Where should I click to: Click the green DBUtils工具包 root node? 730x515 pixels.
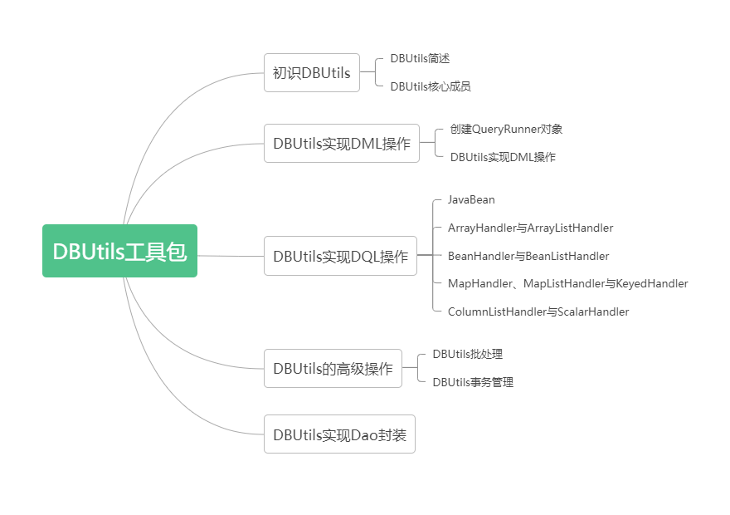[x=119, y=251]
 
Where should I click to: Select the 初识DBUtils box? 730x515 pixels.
[x=311, y=73]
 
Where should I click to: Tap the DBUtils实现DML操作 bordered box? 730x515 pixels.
[x=341, y=144]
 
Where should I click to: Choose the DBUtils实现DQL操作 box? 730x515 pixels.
[x=340, y=256]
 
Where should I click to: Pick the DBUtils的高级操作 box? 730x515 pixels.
[x=333, y=368]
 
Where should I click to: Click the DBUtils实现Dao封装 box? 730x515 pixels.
[x=339, y=434]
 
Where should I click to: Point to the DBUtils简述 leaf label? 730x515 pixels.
[x=420, y=58]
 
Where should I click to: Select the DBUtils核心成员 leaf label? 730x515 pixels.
[x=431, y=86]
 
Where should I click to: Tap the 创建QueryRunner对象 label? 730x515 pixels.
[x=506, y=129]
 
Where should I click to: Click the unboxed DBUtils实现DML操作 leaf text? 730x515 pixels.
[x=503, y=157]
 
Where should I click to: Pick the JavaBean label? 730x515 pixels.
[x=471, y=199]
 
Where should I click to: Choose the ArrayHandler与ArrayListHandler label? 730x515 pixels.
[x=530, y=228]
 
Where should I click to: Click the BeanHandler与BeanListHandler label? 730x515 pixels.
[x=528, y=256]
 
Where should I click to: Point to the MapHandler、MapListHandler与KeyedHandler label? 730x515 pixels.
[x=567, y=284]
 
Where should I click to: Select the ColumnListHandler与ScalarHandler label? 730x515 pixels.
[x=538, y=312]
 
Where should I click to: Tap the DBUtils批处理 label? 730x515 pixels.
[x=467, y=354]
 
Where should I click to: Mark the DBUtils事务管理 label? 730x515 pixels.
[x=473, y=382]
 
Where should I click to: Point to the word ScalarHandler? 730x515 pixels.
[x=593, y=312]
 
